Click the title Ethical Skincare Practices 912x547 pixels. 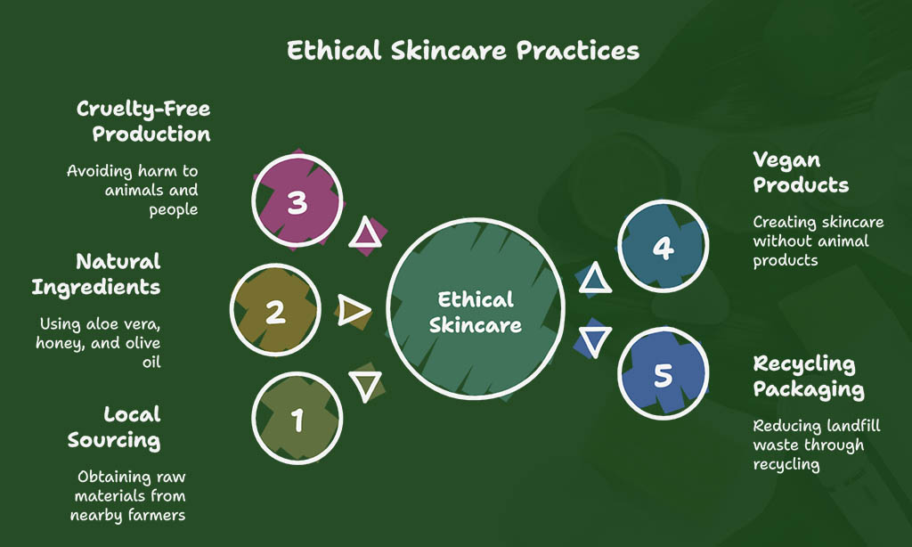[x=463, y=51]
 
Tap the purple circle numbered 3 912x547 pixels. [x=297, y=200]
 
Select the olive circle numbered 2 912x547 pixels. [x=275, y=310]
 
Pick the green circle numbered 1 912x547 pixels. [x=297, y=419]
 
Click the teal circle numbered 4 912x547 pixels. [x=663, y=246]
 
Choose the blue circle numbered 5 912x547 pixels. [x=663, y=373]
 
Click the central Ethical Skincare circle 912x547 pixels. [x=476, y=309]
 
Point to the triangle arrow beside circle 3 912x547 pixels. [x=365, y=233]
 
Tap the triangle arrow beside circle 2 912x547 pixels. [x=353, y=309]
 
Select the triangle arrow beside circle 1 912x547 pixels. [x=365, y=385]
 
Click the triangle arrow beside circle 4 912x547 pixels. [x=595, y=278]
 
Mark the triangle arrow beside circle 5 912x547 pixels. [x=595, y=341]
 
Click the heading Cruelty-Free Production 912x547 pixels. [x=143, y=121]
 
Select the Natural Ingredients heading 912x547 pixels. [x=96, y=274]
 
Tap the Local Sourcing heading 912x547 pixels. [x=114, y=427]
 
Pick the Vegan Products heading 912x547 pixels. [x=801, y=172]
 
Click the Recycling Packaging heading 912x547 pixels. [x=809, y=377]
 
